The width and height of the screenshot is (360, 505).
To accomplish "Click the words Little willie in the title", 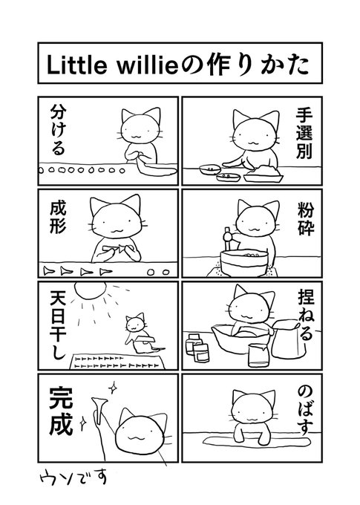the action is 112,65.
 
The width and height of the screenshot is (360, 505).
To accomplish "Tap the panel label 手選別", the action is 304,133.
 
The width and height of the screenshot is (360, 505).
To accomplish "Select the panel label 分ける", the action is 58,130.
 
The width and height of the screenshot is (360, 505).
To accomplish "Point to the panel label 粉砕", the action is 305,218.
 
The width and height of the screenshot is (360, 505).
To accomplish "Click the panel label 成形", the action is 59,217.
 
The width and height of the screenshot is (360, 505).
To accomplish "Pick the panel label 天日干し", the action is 58,325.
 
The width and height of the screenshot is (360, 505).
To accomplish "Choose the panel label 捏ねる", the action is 305,315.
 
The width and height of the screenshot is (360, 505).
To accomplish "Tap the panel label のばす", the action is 304,411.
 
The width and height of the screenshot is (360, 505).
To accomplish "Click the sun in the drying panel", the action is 90,290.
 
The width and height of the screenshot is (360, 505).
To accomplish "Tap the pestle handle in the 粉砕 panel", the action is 227,238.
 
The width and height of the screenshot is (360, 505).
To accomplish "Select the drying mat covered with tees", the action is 117,362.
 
